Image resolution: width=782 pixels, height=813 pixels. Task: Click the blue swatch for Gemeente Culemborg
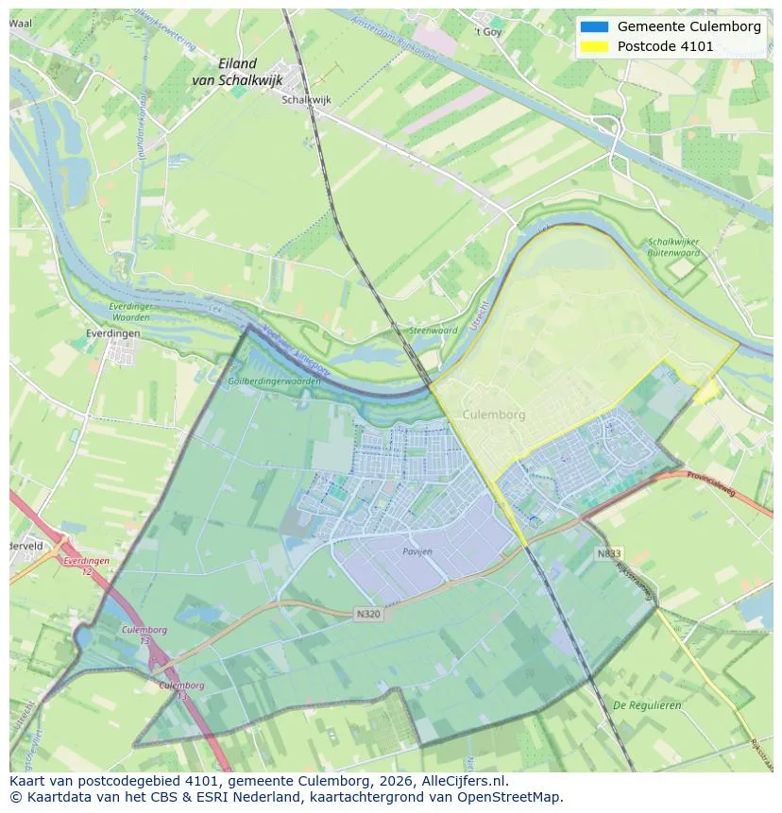click(594, 26)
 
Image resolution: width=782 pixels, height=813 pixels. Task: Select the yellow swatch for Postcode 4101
click(594, 46)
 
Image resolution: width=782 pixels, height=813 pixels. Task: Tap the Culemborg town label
click(494, 415)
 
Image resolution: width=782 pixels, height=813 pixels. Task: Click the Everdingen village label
click(111, 333)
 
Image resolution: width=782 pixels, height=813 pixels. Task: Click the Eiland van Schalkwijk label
click(236, 72)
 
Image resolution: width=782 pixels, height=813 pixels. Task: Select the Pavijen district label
click(416, 550)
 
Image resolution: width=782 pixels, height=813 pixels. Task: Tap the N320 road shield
click(368, 614)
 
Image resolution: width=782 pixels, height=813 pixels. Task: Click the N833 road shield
click(609, 553)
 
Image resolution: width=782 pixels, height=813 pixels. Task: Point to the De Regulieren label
click(647, 705)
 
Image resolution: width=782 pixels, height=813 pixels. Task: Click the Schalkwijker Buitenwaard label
click(673, 247)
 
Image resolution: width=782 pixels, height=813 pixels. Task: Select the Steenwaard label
click(433, 330)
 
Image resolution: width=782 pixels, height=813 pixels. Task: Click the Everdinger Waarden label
click(129, 312)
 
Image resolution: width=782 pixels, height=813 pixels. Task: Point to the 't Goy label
click(487, 31)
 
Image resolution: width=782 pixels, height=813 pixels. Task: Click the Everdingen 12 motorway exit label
click(86, 566)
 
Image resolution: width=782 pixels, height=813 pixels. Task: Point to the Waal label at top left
click(20, 23)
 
